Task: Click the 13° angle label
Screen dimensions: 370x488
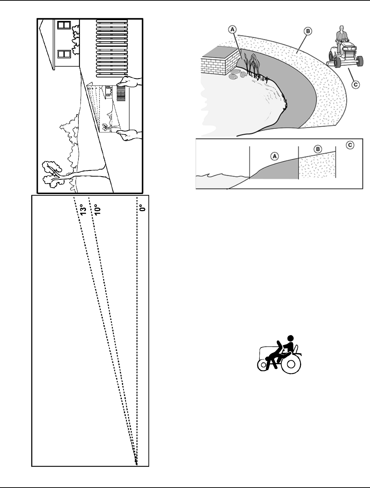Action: coord(83,209)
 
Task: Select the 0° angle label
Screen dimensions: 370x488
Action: coord(143,208)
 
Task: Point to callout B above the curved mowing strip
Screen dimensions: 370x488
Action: coord(308,31)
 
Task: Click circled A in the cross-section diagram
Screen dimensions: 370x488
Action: coord(274,156)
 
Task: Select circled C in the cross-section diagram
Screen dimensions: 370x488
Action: coord(351,145)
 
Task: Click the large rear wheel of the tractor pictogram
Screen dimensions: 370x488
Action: coord(291,364)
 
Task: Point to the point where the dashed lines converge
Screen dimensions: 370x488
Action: coord(136,462)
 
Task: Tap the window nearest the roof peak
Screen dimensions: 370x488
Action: coord(64,25)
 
